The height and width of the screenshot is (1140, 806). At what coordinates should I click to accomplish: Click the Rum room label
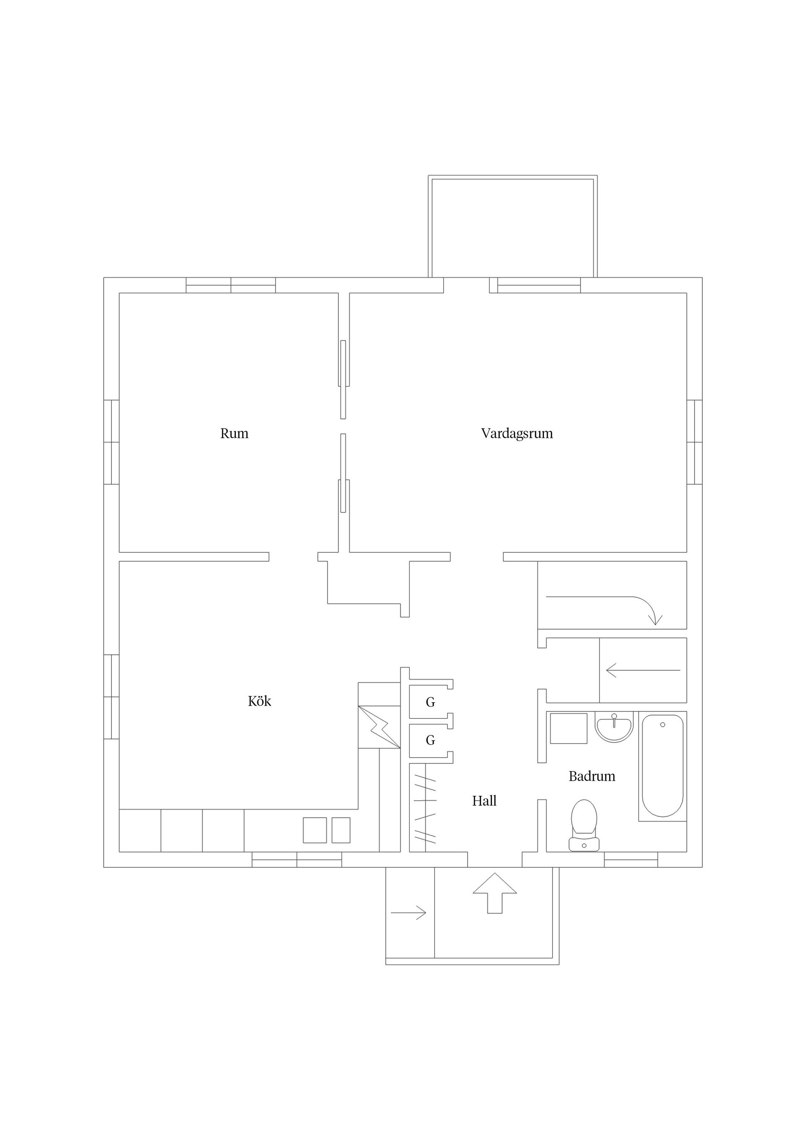(234, 434)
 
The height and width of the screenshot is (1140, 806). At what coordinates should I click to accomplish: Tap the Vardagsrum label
(516, 434)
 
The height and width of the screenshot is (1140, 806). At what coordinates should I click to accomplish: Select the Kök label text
(259, 701)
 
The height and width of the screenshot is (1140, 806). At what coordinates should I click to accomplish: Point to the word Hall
(484, 801)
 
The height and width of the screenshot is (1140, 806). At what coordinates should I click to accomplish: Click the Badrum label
(591, 776)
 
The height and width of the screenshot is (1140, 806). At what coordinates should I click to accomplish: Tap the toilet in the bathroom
(584, 825)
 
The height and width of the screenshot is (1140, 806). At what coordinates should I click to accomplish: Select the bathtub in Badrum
(662, 766)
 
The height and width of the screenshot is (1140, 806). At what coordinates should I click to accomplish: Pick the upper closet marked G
(430, 702)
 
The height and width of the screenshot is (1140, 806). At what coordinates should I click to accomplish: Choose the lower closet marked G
(430, 740)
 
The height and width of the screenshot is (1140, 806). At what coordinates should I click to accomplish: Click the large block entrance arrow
(494, 893)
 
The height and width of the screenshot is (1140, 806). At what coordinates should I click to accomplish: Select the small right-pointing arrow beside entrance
(408, 913)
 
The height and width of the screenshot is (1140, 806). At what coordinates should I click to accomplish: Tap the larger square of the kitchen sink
(315, 830)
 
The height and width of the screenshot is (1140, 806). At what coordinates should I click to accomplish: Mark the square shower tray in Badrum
(569, 728)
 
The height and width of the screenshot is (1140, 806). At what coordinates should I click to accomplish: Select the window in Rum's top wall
(230, 285)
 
